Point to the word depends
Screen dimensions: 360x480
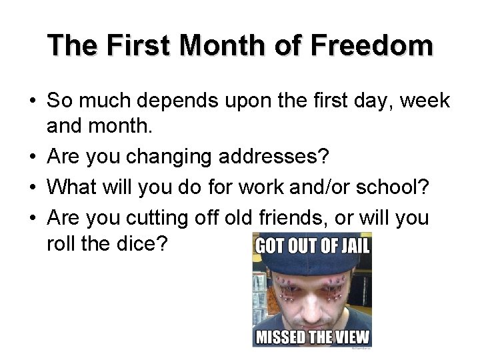(x=171, y=102)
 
